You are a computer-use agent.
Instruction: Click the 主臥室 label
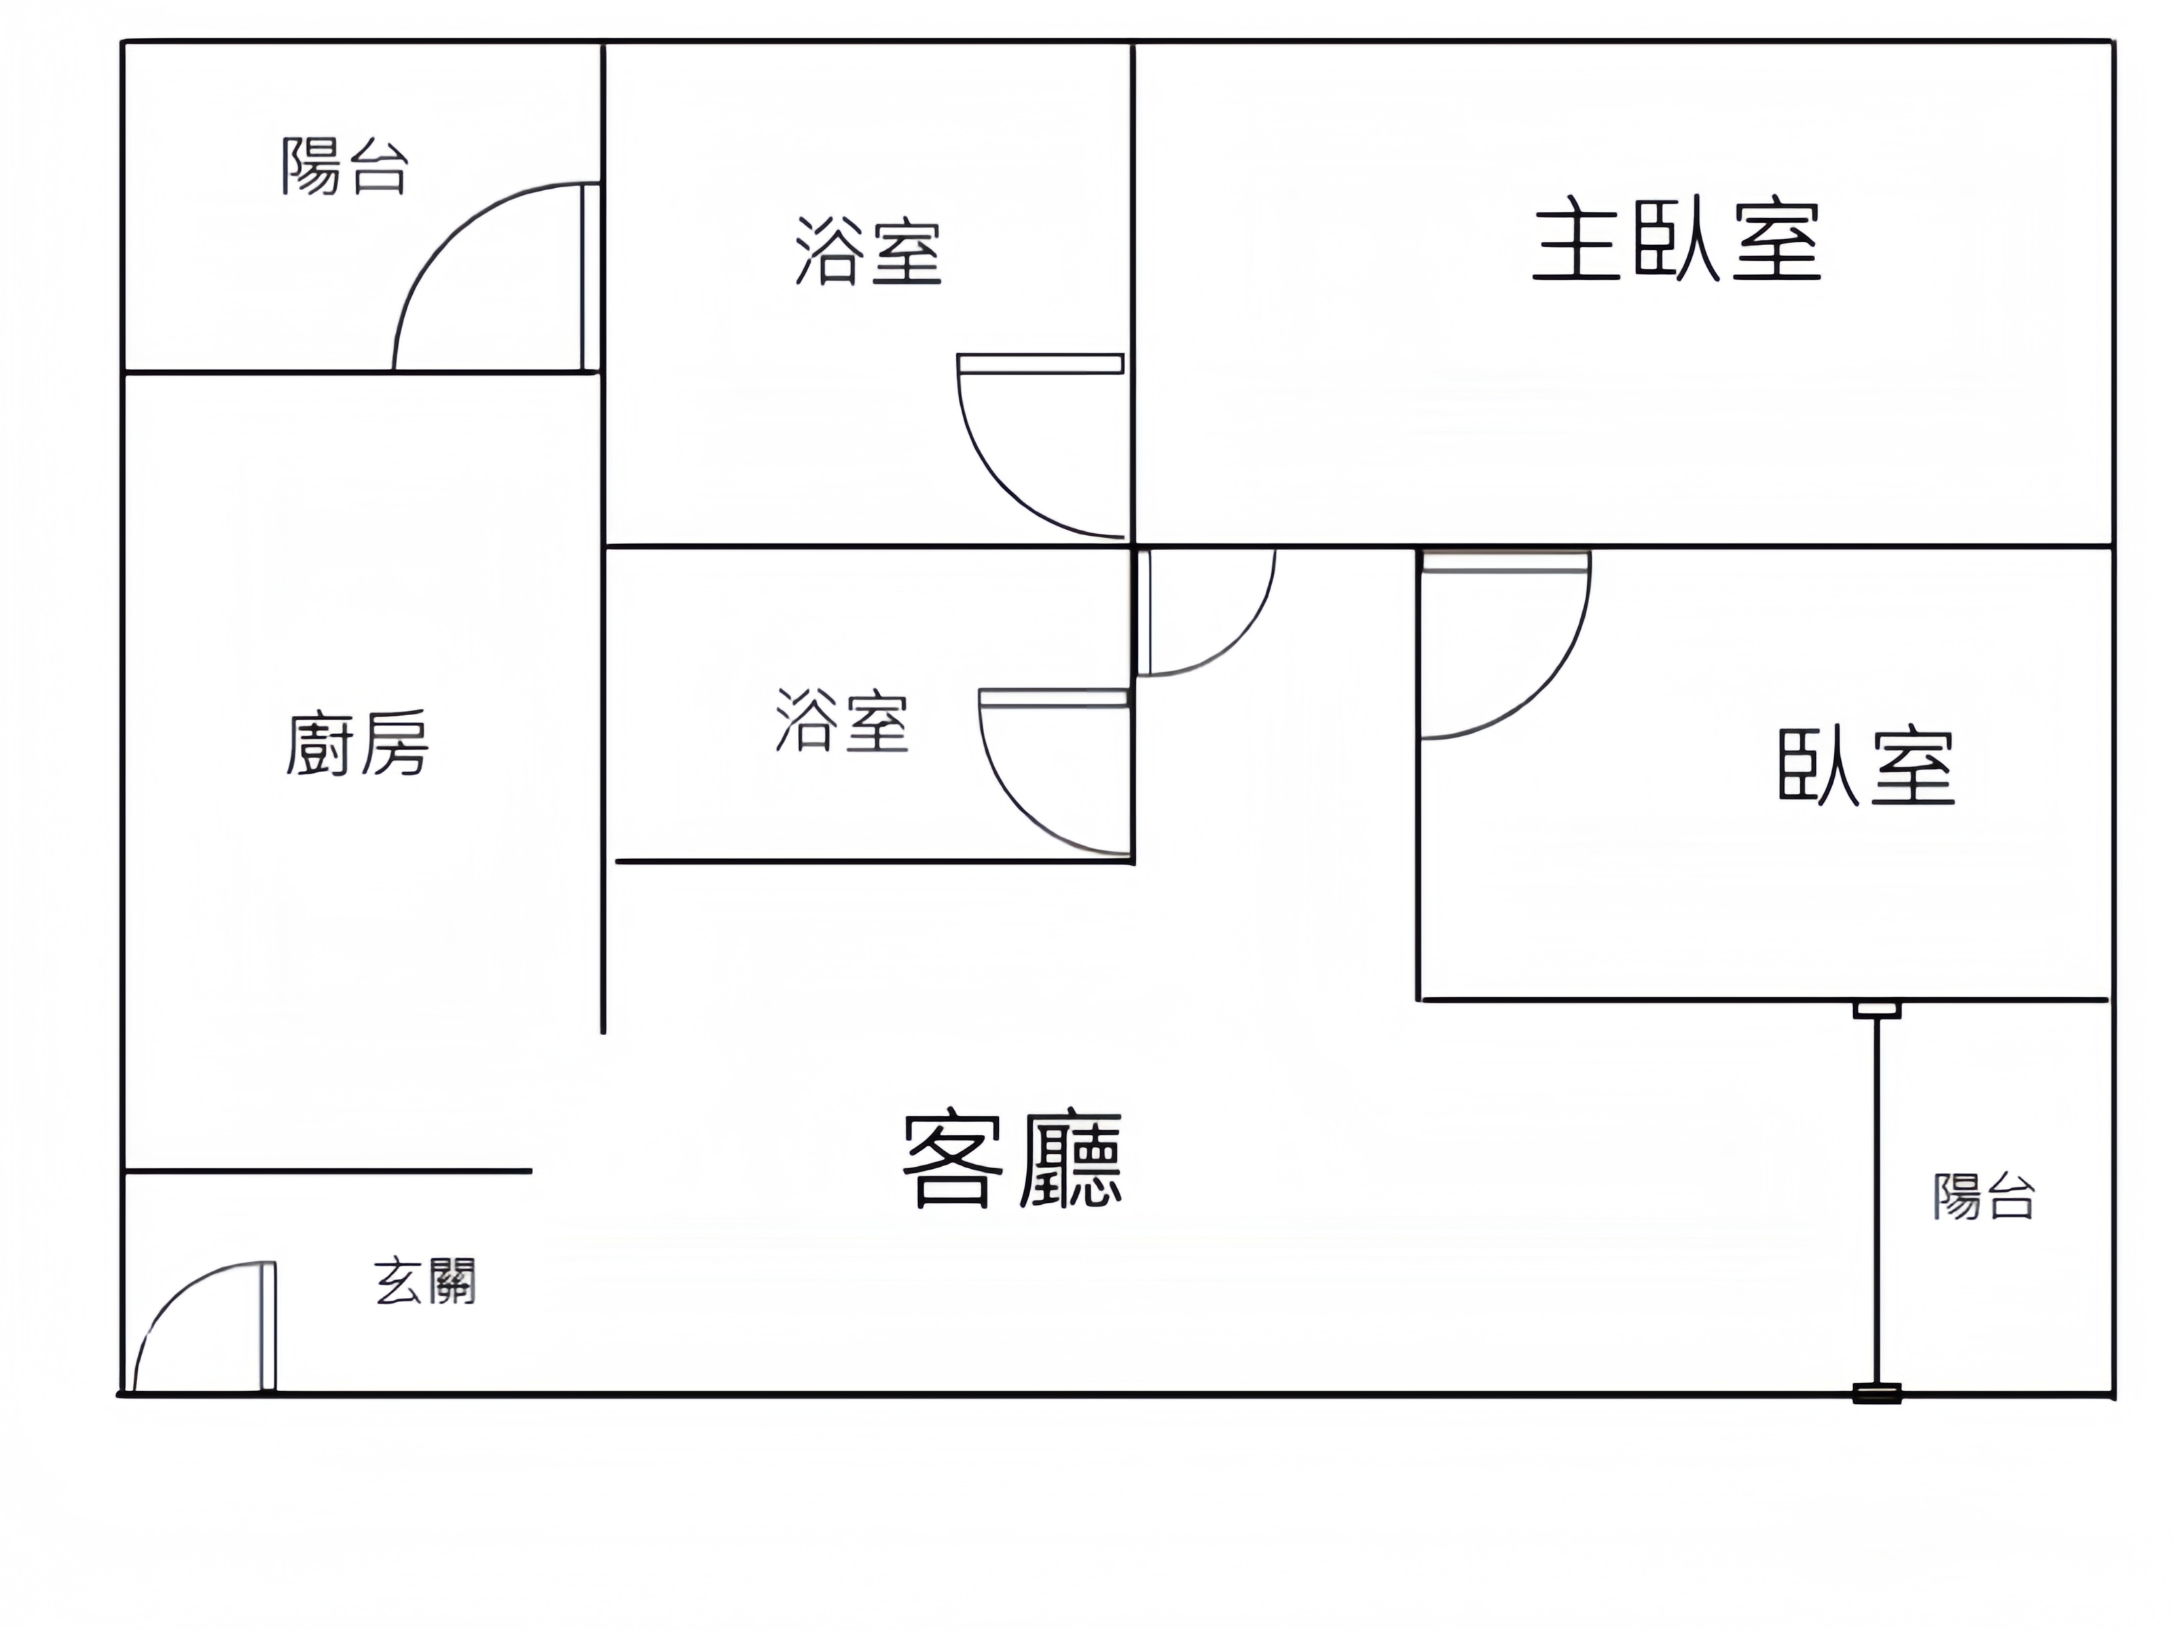click(x=1677, y=240)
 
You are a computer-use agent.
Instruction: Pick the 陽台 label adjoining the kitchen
click(x=345, y=166)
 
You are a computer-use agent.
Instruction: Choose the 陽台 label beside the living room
click(x=1984, y=1196)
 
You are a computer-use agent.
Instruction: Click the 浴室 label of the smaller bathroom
click(x=842, y=720)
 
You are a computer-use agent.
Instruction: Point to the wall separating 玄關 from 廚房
click(x=328, y=1171)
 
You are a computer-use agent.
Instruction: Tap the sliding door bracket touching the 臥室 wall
click(x=1878, y=1009)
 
